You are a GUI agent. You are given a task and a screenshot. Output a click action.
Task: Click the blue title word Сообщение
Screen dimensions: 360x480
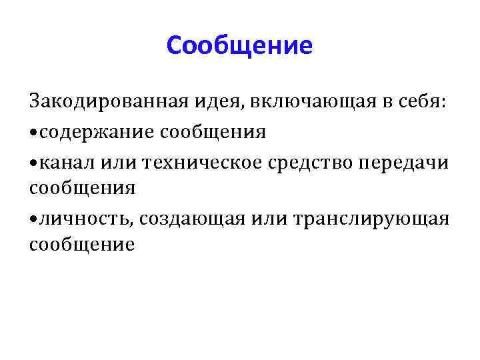pos(239,45)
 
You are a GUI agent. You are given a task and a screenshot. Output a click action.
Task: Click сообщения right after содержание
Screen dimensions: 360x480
pos(213,132)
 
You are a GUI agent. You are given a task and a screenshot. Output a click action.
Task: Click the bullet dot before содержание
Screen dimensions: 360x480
pos(33,133)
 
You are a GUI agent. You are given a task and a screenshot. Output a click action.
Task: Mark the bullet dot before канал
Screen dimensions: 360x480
pos(33,161)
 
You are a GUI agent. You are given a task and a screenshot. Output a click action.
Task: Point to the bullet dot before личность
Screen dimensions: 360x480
pos(33,219)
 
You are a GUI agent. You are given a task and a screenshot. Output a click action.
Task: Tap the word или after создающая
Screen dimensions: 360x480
pos(261,218)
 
